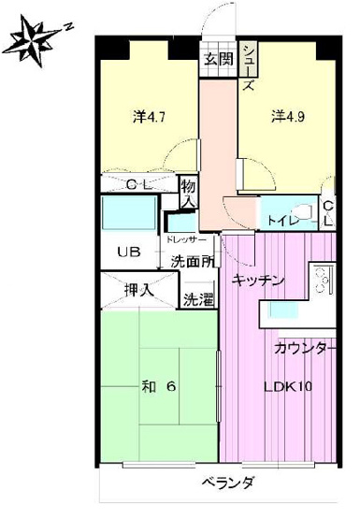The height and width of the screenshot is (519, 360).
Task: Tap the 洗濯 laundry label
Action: [197, 300]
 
